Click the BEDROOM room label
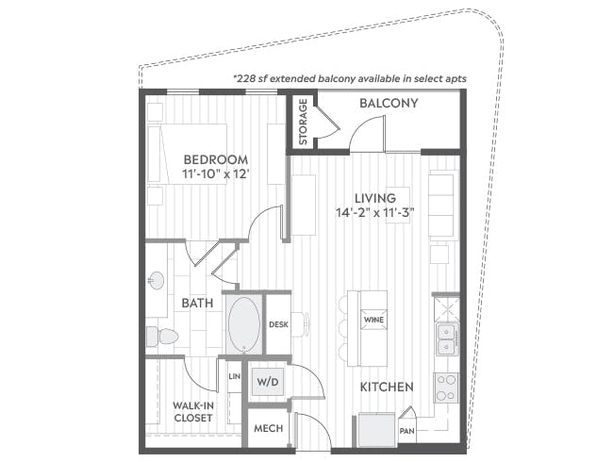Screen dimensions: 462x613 coord(216,159)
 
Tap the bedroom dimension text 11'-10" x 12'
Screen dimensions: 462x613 coord(215,175)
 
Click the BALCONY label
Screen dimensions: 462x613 coord(389,104)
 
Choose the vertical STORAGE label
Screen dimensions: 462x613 coord(303,123)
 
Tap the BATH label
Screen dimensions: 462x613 coord(196,304)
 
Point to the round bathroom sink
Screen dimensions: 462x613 coord(156,280)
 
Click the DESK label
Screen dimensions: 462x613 coord(278,325)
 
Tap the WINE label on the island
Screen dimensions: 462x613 coord(373,321)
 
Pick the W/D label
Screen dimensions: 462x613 coord(269,383)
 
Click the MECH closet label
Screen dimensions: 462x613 coord(268,429)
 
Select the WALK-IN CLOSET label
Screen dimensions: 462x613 coord(193,413)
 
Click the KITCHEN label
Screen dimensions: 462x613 coord(387,388)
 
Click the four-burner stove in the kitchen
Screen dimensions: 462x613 coord(445,385)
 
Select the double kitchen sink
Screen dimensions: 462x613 coord(445,338)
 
